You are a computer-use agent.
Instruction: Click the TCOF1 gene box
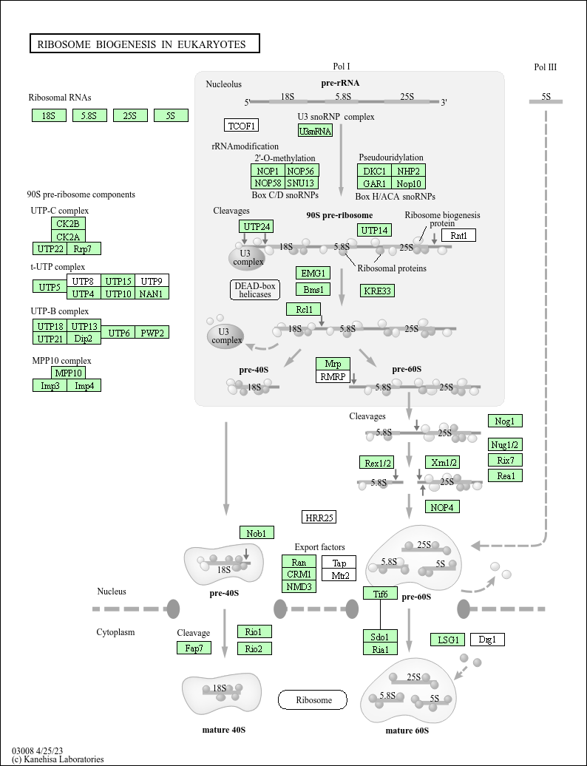[241, 125]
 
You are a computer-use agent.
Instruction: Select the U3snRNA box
[315, 131]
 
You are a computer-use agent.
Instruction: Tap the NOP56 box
[302, 171]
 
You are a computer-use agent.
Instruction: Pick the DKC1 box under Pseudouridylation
[375, 171]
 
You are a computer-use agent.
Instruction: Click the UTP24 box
[257, 226]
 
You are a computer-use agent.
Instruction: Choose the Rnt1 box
[458, 235]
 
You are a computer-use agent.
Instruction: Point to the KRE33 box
[377, 291]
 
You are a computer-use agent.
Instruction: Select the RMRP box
[333, 376]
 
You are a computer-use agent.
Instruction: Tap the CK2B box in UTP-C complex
[68, 223]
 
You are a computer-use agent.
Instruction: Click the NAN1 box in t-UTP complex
[152, 294]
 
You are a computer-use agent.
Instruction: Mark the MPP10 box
[68, 373]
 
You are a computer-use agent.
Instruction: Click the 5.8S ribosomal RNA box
[89, 115]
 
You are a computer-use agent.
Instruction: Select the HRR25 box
[319, 517]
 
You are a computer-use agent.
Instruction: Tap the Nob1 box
[257, 532]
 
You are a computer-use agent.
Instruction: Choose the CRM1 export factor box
[299, 574]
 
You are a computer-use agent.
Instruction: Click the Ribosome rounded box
[312, 699]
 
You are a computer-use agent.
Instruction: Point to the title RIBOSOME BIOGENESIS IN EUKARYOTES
[144, 44]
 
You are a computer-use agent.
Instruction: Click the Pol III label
[545, 67]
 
